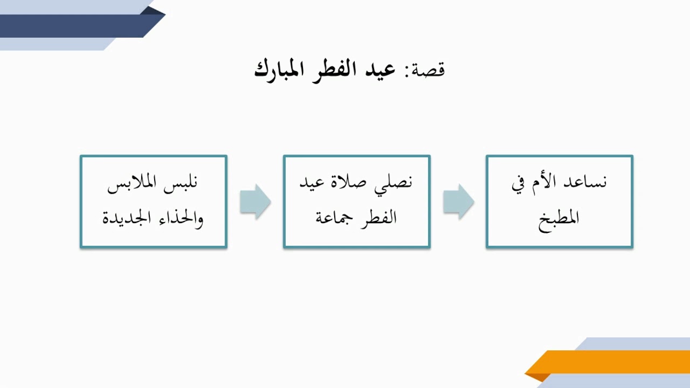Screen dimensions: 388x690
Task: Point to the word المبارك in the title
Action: click(278, 70)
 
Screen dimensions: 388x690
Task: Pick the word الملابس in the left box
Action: click(132, 183)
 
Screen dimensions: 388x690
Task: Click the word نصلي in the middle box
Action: click(393, 183)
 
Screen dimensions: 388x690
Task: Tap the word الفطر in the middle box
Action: click(379, 218)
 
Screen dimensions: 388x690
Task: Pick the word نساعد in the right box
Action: click(586, 183)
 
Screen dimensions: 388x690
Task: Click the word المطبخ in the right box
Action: click(559, 218)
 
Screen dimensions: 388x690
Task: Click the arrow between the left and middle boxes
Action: click(255, 202)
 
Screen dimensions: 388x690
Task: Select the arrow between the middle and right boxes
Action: click(458, 202)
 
